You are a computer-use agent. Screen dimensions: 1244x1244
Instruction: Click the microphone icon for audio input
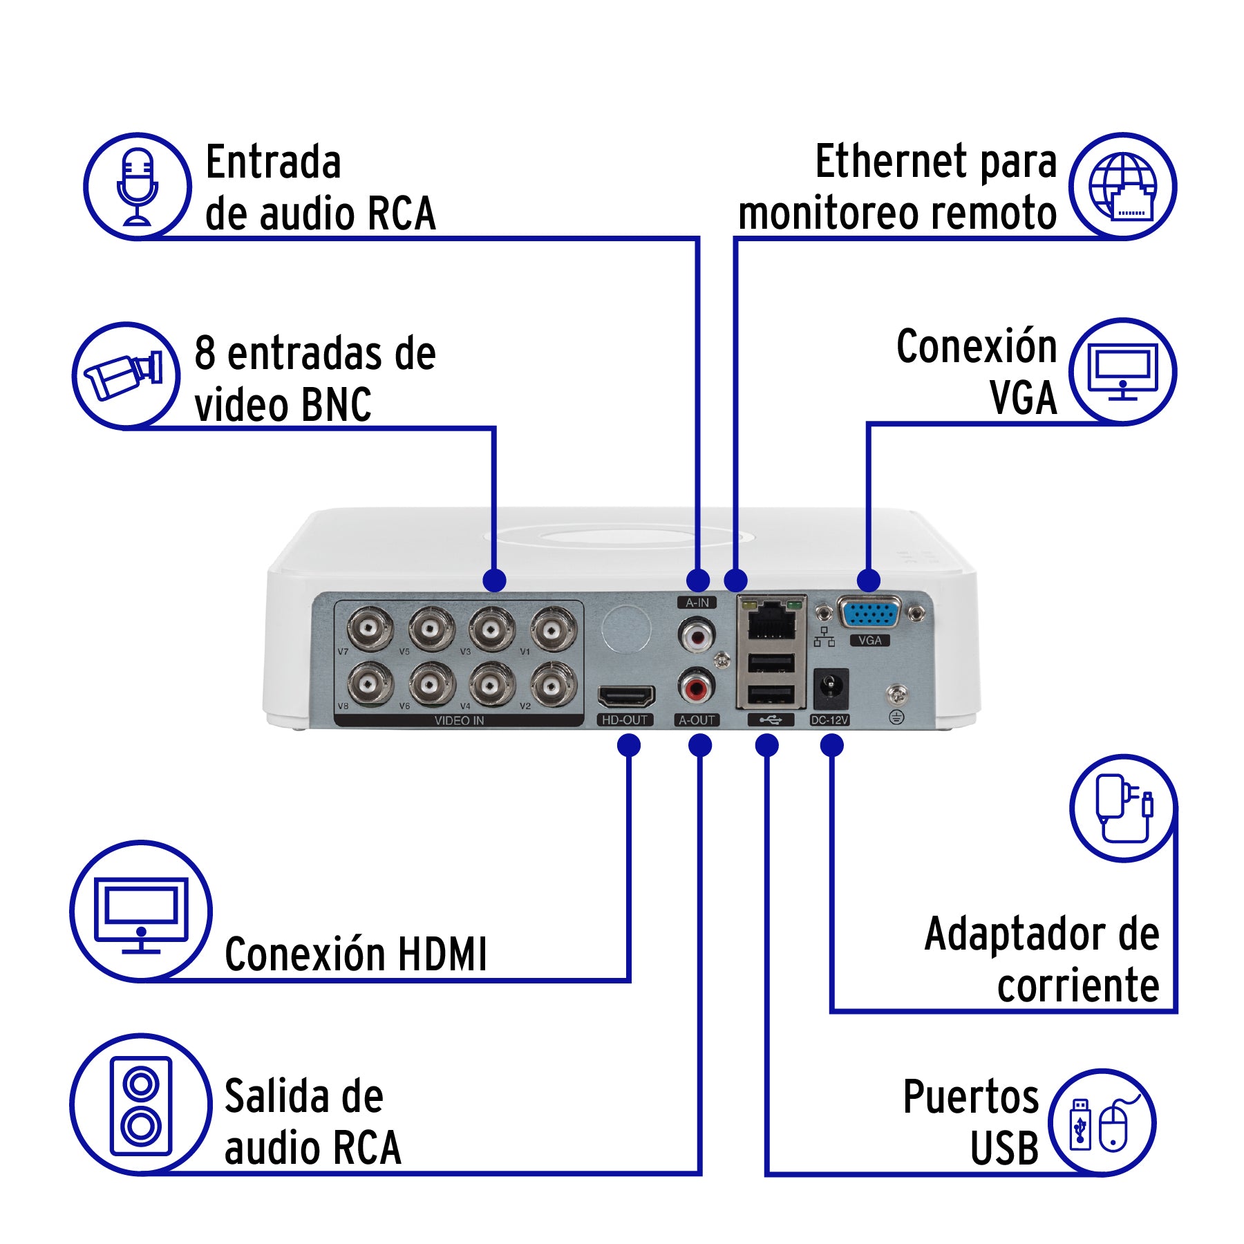138,187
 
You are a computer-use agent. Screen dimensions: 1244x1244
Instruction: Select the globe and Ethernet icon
1122,187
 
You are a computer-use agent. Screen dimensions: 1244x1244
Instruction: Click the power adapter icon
1123,807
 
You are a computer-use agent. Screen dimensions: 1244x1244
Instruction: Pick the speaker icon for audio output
141,1106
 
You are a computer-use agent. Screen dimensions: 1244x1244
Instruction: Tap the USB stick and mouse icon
1102,1123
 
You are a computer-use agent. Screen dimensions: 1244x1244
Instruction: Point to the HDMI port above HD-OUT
626,697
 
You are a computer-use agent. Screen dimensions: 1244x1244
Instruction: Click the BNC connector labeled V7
370,629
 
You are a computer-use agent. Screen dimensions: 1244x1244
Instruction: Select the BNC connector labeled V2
553,684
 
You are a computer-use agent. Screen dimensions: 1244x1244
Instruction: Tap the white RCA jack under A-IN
697,634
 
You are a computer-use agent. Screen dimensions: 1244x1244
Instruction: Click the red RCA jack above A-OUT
697,688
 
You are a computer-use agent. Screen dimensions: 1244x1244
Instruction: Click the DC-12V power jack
830,688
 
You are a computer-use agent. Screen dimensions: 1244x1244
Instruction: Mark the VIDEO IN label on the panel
459,720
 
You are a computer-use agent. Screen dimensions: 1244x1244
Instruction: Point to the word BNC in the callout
337,405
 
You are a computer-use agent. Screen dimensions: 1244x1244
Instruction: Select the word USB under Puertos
1003,1149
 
